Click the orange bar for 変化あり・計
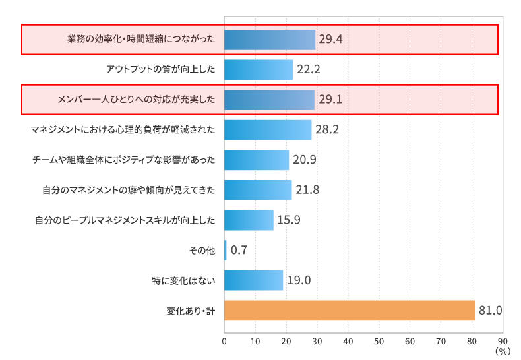(350, 311)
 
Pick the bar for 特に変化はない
(253, 280)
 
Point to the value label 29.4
(330, 40)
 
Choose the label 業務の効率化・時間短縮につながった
(141, 40)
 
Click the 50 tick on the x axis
(379, 342)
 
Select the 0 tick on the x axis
(224, 342)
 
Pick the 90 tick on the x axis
(502, 342)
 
